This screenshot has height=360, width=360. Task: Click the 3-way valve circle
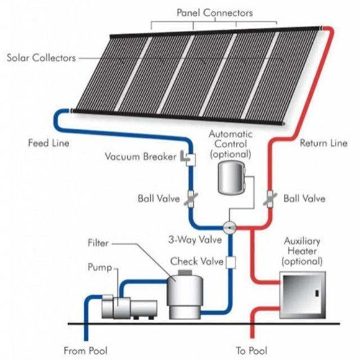(229, 228)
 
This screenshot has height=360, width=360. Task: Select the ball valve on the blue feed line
(191, 199)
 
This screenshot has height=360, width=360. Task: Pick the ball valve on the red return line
(270, 199)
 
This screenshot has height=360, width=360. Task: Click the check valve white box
(231, 263)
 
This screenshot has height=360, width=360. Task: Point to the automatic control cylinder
(232, 177)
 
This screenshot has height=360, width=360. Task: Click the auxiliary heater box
(303, 295)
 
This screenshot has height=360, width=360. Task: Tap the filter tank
(185, 296)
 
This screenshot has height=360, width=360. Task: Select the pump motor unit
(129, 307)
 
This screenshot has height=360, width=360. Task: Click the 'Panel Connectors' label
(215, 13)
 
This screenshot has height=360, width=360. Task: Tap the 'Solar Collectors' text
(41, 58)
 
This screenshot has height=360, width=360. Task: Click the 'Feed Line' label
(49, 143)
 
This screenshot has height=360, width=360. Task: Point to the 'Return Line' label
(323, 143)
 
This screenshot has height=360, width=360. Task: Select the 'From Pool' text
(85, 351)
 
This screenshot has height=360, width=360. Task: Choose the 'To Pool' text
(252, 351)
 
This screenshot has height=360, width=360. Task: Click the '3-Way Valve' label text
(195, 240)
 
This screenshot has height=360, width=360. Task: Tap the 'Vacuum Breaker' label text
(141, 156)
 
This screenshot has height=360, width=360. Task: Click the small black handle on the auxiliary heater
(317, 293)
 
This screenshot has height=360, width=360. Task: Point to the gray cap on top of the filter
(185, 273)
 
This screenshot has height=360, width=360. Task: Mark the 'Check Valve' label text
(197, 262)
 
